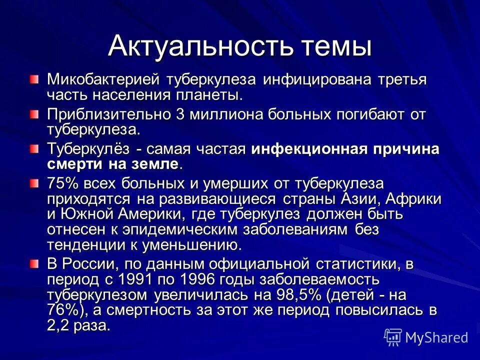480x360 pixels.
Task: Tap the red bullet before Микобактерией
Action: pyautogui.click(x=33, y=78)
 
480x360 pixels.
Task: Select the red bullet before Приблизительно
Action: pyautogui.click(x=33, y=114)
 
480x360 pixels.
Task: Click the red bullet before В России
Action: pyautogui.click(x=33, y=263)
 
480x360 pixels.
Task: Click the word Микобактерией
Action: pyautogui.click(x=103, y=79)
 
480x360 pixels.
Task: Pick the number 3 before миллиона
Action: pyautogui.click(x=180, y=114)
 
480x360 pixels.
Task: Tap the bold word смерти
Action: pyautogui.click(x=72, y=164)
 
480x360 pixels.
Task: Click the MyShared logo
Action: pyautogui.click(x=426, y=337)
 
